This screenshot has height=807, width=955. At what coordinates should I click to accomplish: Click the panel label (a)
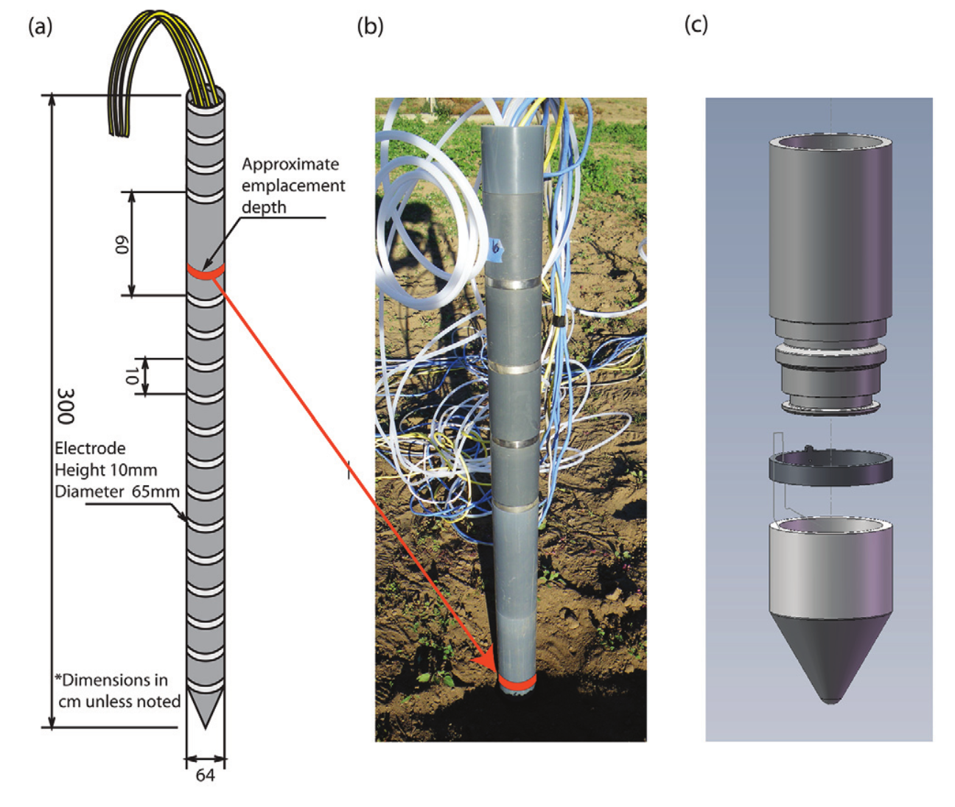[41, 27]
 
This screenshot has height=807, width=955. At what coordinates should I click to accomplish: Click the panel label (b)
[370, 27]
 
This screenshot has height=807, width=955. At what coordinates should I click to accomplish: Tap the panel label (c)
[696, 25]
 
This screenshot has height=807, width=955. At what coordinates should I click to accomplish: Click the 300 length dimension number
[66, 406]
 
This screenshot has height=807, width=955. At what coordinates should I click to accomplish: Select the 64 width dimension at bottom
[205, 775]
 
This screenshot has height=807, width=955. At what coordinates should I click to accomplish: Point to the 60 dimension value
[121, 244]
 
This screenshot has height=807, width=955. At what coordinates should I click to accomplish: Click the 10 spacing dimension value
[131, 376]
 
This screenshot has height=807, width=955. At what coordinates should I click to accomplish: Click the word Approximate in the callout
[290, 164]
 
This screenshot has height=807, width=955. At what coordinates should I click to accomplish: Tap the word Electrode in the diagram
[90, 448]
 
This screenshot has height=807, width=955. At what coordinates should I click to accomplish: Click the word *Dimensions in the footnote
[111, 680]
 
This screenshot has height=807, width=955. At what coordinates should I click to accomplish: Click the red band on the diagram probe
[205, 272]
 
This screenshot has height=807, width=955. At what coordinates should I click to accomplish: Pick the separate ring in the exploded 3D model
[830, 468]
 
